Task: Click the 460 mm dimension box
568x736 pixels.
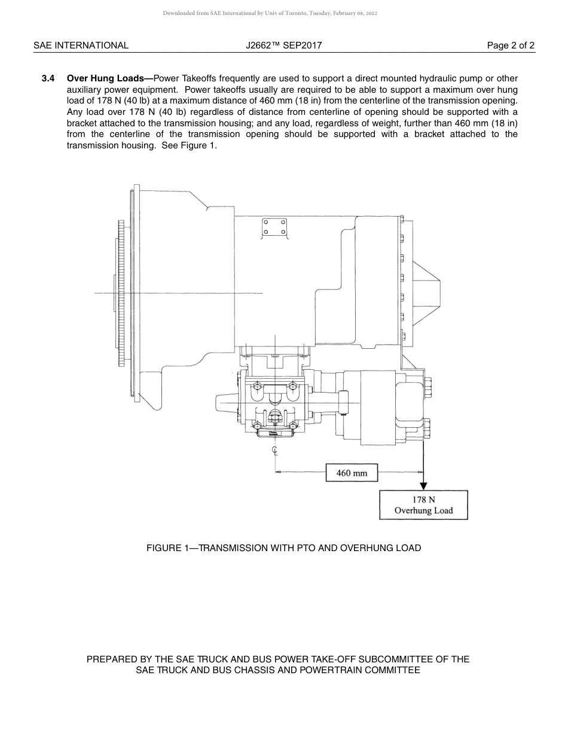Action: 352,473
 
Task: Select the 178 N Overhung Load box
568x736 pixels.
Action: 423,505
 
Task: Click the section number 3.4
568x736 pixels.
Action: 48,78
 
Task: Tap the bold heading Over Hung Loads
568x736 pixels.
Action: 109,78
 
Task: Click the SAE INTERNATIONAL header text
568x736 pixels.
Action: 81,45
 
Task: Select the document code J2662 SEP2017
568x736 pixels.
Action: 283,45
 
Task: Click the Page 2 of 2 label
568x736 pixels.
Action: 511,45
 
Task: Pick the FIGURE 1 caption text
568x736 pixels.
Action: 283,548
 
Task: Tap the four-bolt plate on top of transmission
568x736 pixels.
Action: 274,227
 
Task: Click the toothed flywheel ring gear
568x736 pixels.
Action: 121,293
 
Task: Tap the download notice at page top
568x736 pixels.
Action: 270,13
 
